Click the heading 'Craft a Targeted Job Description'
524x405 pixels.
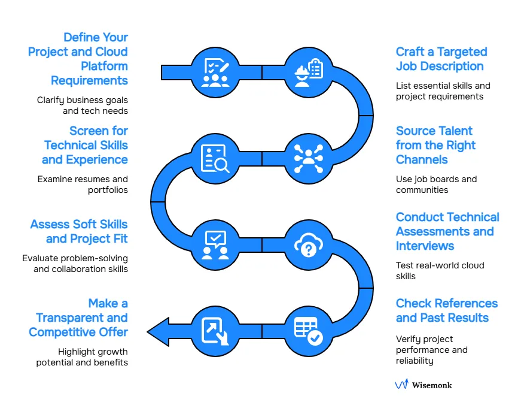click(x=441, y=59)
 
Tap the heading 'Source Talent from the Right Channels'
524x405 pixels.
click(x=435, y=146)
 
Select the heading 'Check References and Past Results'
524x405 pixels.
click(x=446, y=310)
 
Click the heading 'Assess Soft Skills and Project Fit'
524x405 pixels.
click(x=79, y=231)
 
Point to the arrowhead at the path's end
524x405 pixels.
click(x=157, y=331)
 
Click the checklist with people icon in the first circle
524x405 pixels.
click(x=215, y=72)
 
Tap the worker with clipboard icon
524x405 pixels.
click(x=308, y=72)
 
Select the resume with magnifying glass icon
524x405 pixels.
click(x=215, y=159)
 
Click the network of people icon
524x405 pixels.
click(x=308, y=159)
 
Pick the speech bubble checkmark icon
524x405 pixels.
click(x=215, y=244)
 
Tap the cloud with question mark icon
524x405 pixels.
click(x=308, y=244)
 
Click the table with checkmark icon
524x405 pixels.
click(x=308, y=331)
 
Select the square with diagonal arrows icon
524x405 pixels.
click(x=215, y=331)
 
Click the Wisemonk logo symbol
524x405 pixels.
click(x=401, y=384)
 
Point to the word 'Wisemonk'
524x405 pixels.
click(x=432, y=385)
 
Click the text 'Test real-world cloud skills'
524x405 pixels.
click(x=440, y=271)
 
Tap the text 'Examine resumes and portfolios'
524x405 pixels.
click(x=83, y=185)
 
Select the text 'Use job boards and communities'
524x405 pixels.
click(x=436, y=185)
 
